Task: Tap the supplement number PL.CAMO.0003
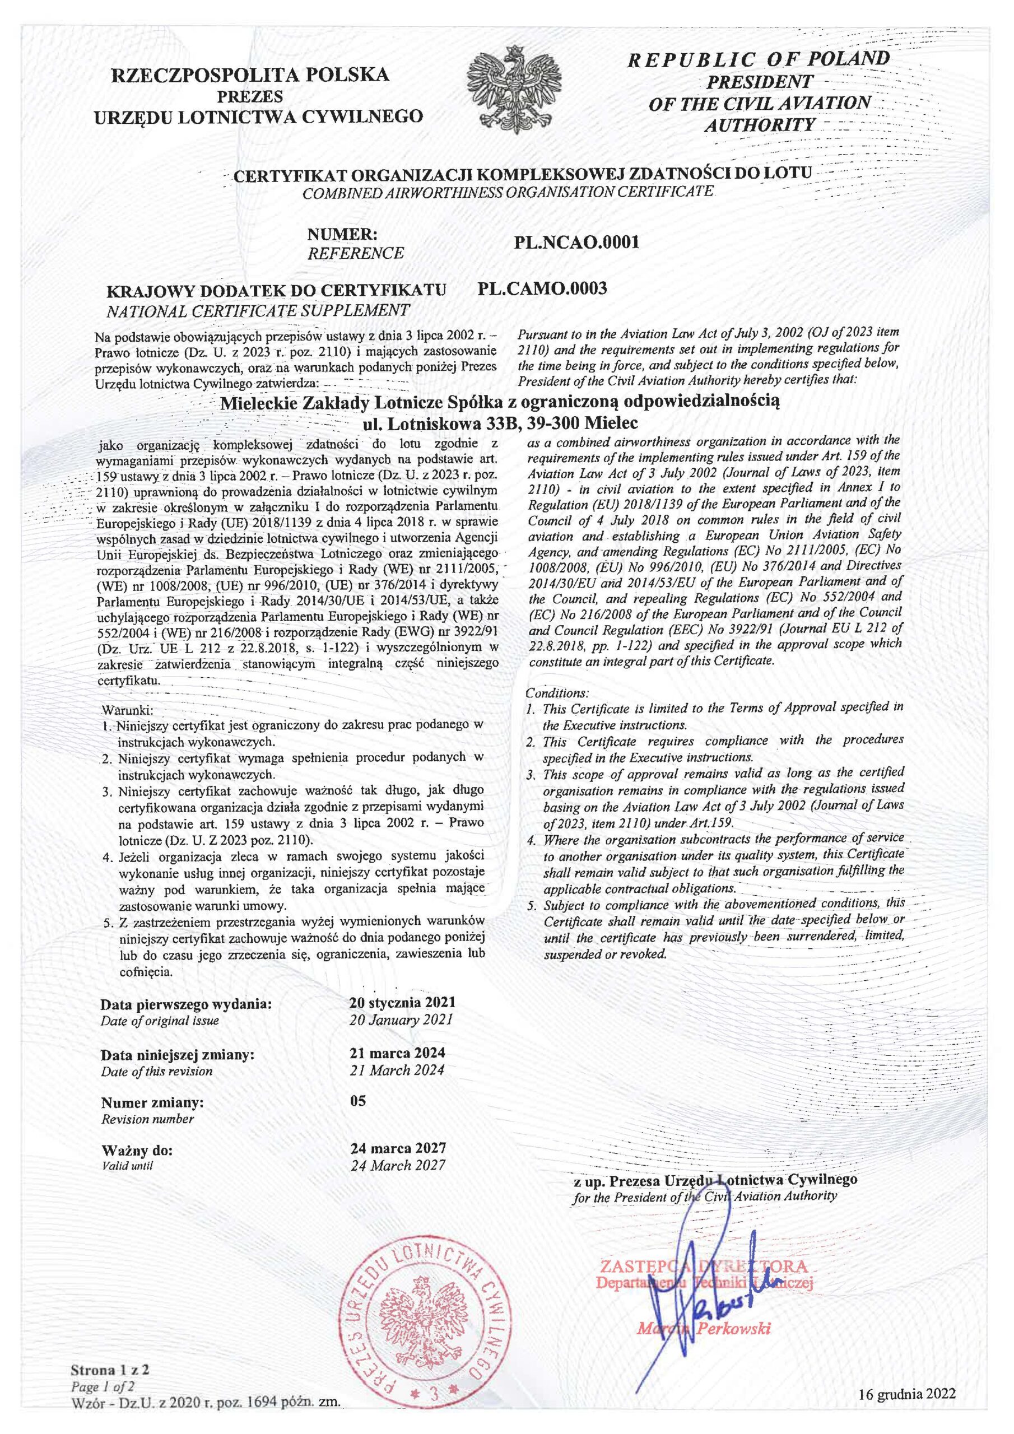click(542, 288)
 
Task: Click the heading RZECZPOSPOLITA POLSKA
click(250, 76)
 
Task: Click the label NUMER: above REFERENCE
click(343, 235)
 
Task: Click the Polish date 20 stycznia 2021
click(403, 1003)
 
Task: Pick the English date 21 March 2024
click(397, 1070)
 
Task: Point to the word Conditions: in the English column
click(557, 693)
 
